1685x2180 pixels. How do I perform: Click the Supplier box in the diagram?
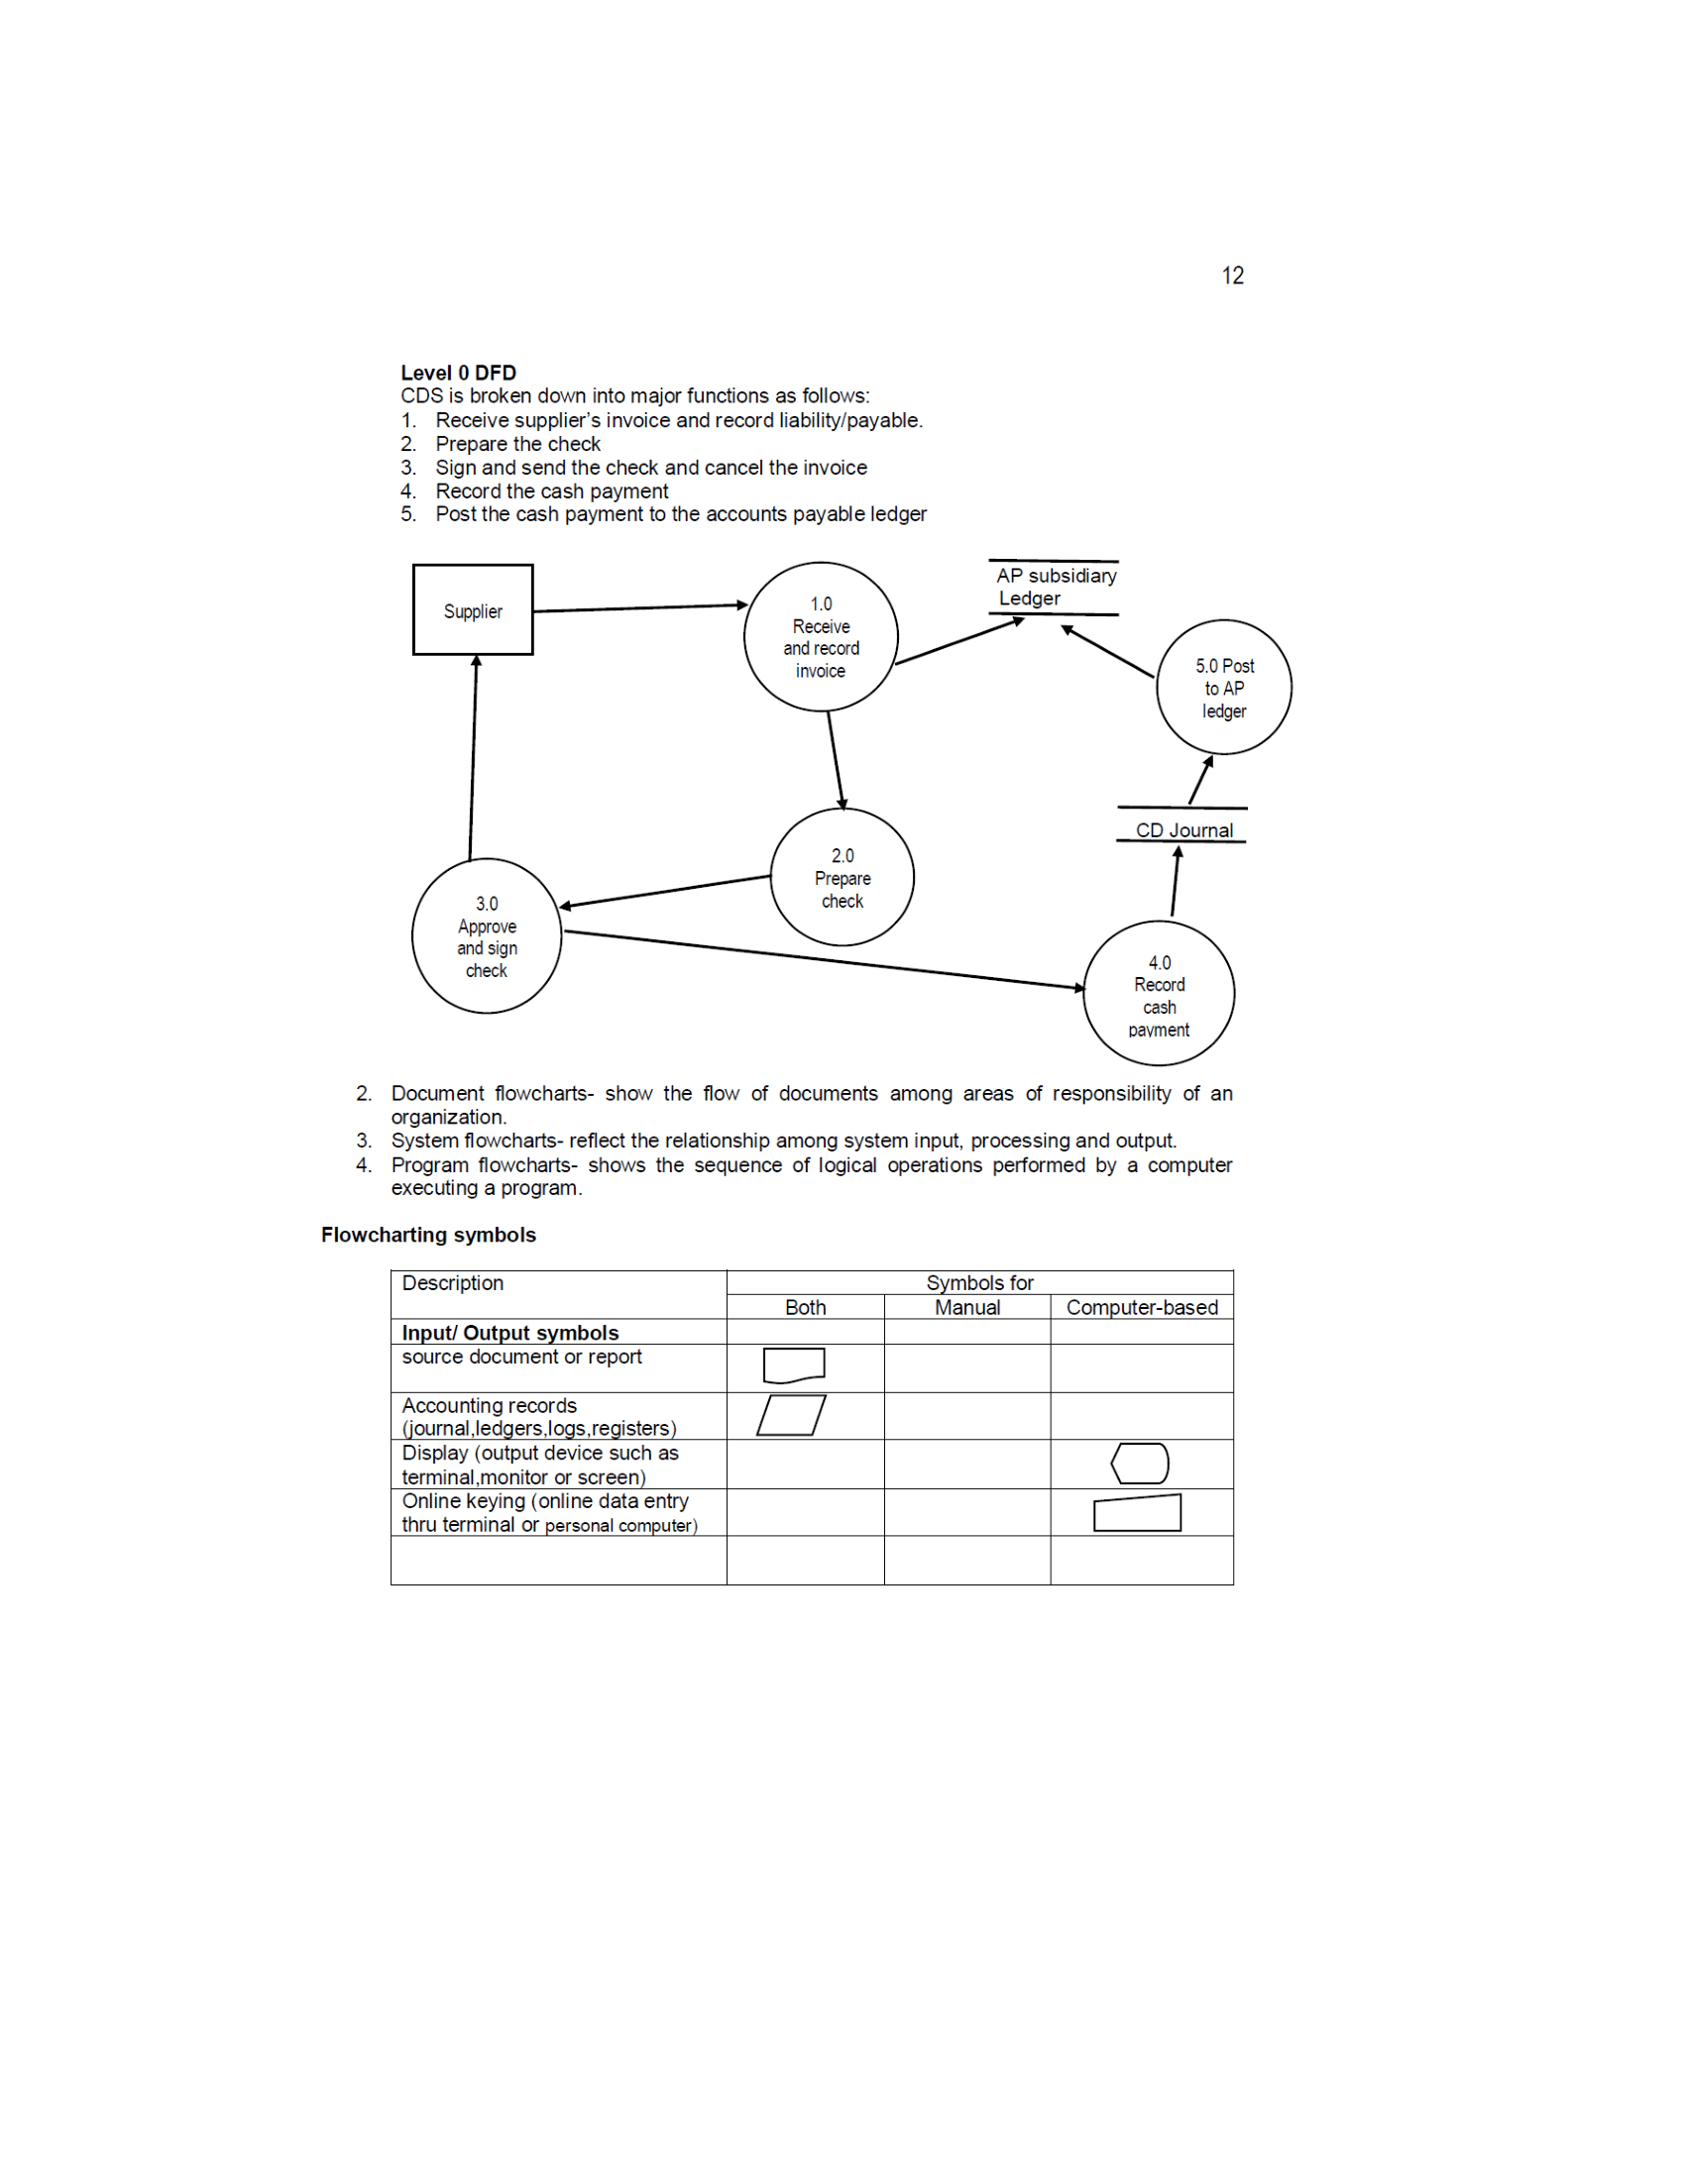pyautogui.click(x=472, y=609)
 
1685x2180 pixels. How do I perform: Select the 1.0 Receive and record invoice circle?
pyautogui.click(x=821, y=637)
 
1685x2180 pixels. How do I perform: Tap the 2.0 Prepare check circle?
pyautogui.click(x=842, y=877)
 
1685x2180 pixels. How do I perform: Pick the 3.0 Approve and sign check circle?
pyautogui.click(x=486, y=936)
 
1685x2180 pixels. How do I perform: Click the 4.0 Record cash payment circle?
pyautogui.click(x=1158, y=994)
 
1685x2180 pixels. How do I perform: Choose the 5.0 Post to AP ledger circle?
pyautogui.click(x=1223, y=688)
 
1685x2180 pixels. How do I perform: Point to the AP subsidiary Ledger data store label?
pyautogui.click(x=1055, y=587)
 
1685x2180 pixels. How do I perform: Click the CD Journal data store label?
pyautogui.click(x=1182, y=829)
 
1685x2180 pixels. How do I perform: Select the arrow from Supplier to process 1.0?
pyautogui.click(x=639, y=607)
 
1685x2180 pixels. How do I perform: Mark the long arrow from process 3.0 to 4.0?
pyautogui.click(x=824, y=959)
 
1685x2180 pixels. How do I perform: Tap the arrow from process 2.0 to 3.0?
pyautogui.click(x=665, y=892)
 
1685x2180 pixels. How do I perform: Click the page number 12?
pyautogui.click(x=1232, y=275)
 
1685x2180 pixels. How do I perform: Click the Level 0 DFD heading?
pyautogui.click(x=458, y=373)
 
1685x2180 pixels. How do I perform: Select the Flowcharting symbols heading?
pyautogui.click(x=428, y=1235)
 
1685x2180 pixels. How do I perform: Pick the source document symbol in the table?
pyautogui.click(x=794, y=1364)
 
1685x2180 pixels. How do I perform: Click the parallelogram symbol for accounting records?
pyautogui.click(x=791, y=1415)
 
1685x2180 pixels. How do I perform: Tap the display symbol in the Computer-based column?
pyautogui.click(x=1140, y=1464)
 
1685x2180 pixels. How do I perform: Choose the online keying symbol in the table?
pyautogui.click(x=1137, y=1512)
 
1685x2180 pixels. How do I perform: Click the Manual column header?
pyautogui.click(x=966, y=1307)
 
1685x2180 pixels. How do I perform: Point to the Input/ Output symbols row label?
pyautogui.click(x=510, y=1333)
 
